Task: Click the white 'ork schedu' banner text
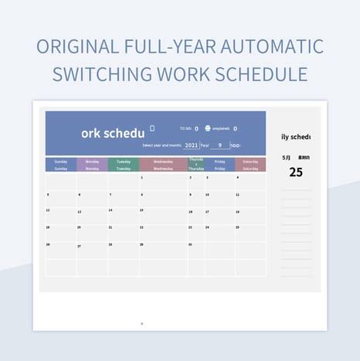point(113,133)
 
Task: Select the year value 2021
point(192,145)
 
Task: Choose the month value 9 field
point(219,145)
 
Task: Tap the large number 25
point(296,172)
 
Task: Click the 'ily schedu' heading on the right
point(296,137)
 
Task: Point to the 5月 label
point(287,157)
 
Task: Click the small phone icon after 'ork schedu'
point(152,128)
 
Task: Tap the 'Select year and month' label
point(162,145)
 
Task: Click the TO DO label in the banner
point(185,129)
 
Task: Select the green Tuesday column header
point(124,164)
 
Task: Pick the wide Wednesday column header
point(163,164)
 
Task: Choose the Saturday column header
point(250,164)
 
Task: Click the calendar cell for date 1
point(163,181)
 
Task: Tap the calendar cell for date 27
point(92,251)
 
